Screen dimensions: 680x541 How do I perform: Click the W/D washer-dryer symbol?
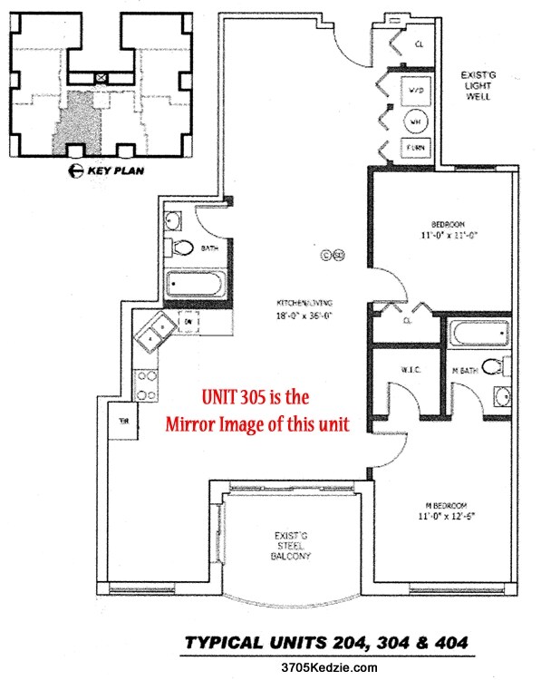pos(416,92)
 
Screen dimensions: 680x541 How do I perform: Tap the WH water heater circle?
pos(416,121)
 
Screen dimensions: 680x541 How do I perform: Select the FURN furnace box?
pos(416,149)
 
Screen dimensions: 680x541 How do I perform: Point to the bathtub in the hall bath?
pos(197,285)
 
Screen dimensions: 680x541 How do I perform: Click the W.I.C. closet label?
pos(406,368)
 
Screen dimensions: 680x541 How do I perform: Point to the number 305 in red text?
pos(263,397)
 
